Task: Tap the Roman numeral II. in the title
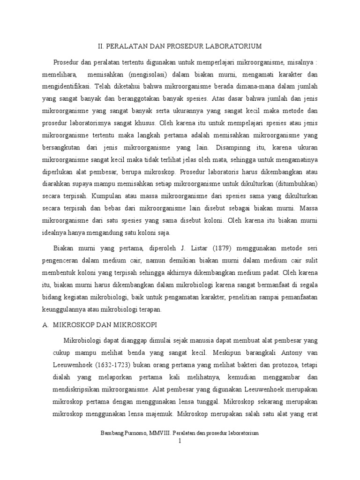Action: click(x=100, y=46)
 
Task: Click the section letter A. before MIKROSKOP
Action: click(x=45, y=324)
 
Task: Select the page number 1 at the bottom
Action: click(x=180, y=441)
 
